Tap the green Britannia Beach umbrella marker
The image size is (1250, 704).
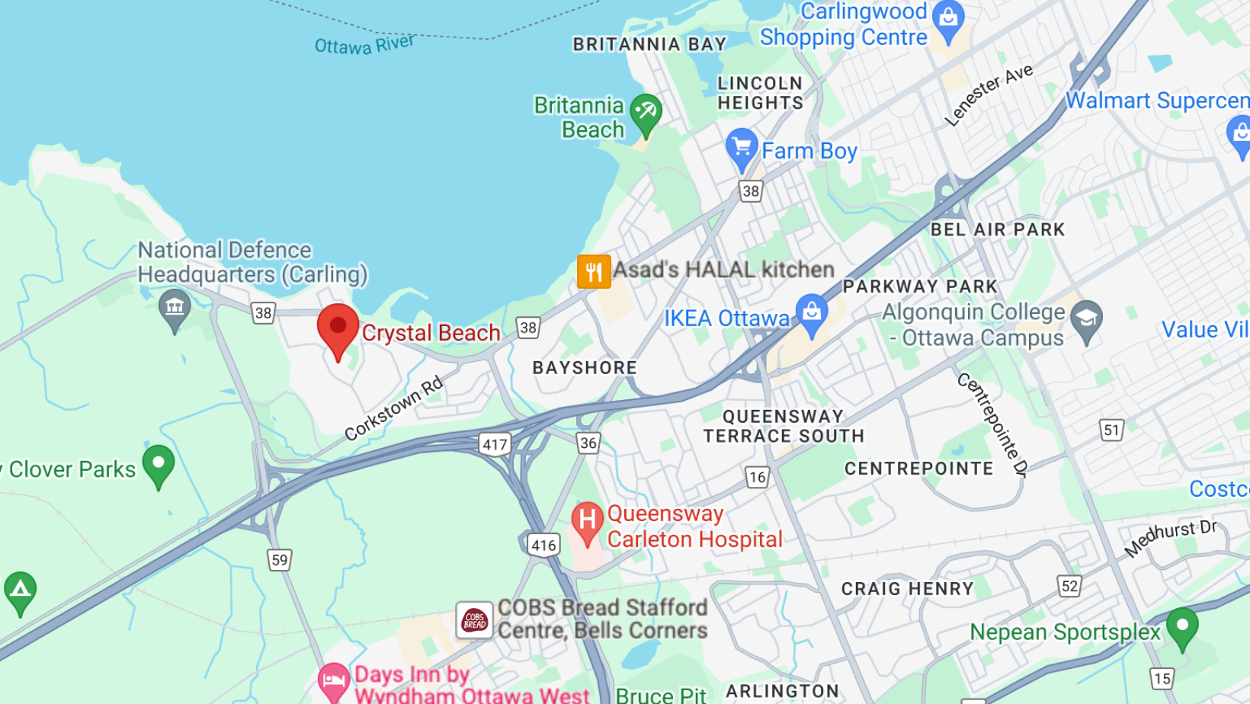click(646, 114)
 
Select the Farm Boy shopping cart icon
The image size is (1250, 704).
click(741, 147)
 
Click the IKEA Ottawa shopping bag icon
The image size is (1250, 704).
click(812, 313)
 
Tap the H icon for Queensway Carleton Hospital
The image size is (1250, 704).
click(587, 521)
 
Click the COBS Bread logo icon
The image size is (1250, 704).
click(474, 619)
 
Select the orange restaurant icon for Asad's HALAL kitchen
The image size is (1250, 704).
click(594, 271)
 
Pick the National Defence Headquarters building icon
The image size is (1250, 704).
click(175, 308)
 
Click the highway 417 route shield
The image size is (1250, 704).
click(495, 444)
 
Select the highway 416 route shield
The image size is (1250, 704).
click(543, 545)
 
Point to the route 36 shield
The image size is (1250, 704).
click(588, 443)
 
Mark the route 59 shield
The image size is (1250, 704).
click(280, 560)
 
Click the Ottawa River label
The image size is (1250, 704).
click(364, 44)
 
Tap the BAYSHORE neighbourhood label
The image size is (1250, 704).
click(585, 368)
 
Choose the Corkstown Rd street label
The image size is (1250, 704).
click(393, 408)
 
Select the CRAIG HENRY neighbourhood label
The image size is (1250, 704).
click(907, 589)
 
